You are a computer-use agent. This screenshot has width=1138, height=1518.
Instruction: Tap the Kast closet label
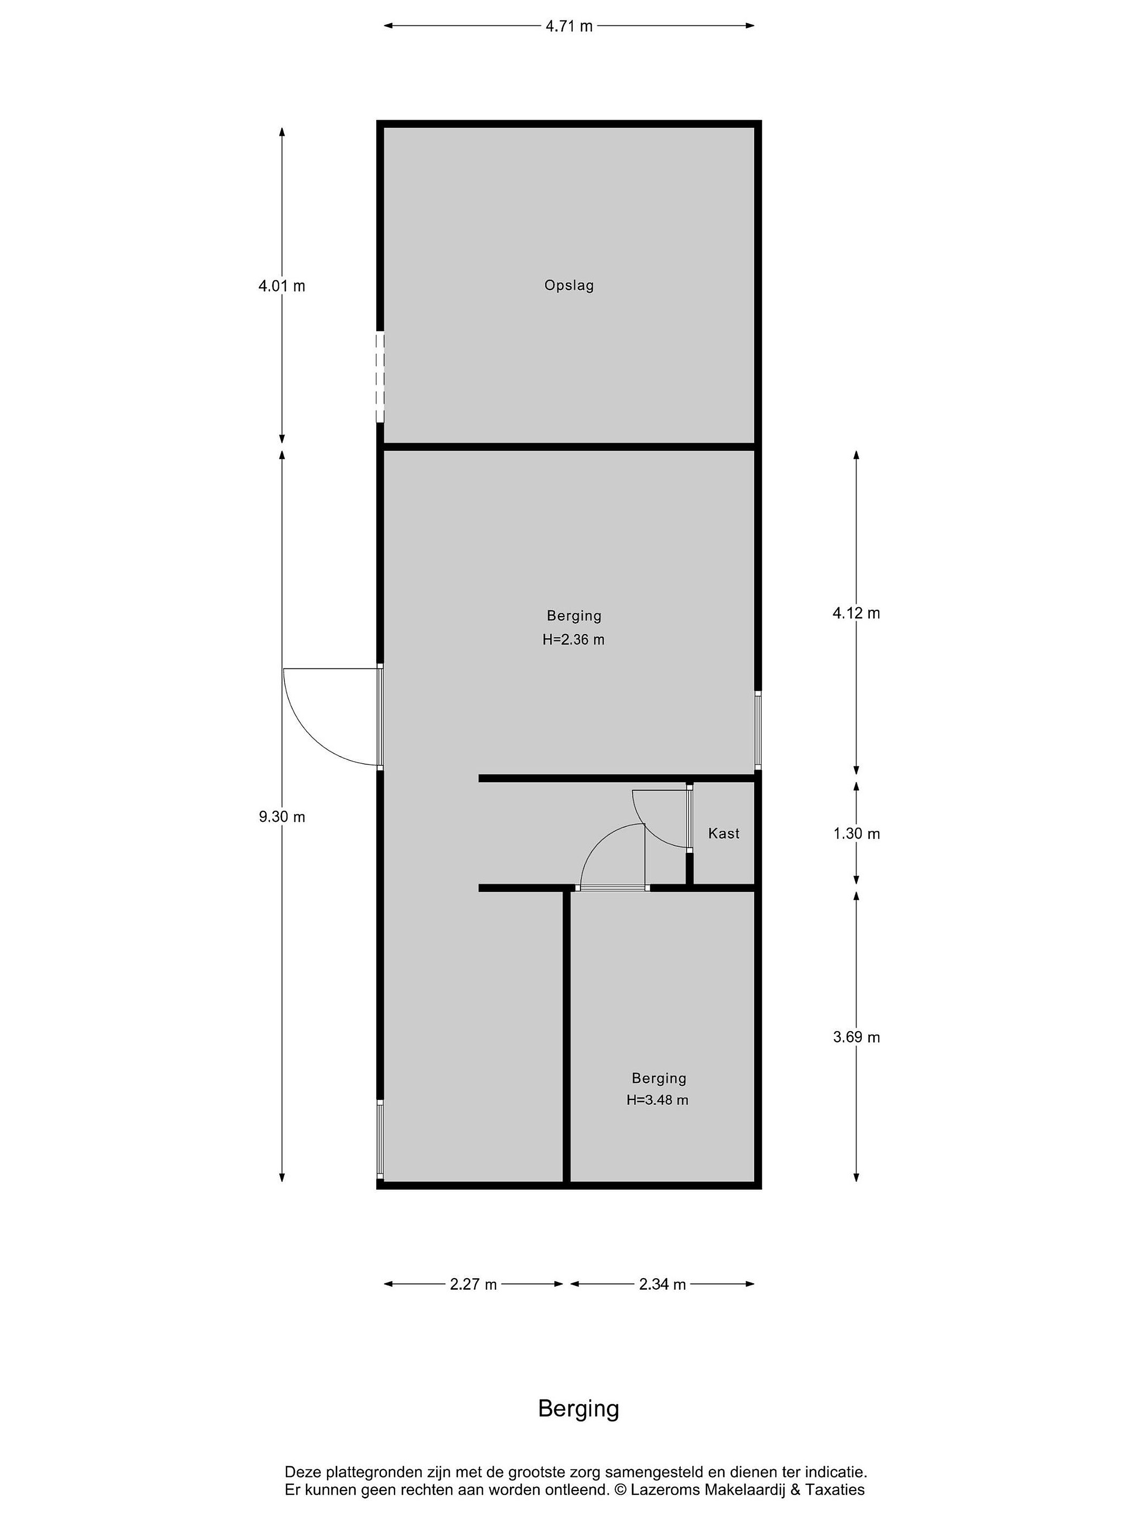click(x=724, y=833)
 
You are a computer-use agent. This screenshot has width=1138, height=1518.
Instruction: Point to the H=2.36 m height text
click(x=573, y=639)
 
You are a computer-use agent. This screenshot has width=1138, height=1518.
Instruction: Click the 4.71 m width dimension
click(x=568, y=26)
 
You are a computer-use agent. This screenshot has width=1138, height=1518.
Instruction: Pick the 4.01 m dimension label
click(x=281, y=286)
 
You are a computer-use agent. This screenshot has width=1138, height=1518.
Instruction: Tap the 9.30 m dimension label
click(x=281, y=816)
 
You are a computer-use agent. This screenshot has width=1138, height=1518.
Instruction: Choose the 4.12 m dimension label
click(x=856, y=613)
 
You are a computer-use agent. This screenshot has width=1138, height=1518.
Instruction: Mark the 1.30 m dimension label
click(x=856, y=833)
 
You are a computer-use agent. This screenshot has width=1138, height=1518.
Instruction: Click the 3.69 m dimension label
click(x=856, y=1037)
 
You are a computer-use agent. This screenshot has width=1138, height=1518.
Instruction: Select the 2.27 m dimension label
click(x=473, y=1284)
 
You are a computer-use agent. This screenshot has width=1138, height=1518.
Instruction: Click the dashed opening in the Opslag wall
click(x=380, y=377)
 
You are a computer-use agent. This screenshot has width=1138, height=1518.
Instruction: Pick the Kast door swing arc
click(x=652, y=830)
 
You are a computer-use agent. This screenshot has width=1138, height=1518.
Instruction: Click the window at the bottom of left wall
click(x=380, y=1139)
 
